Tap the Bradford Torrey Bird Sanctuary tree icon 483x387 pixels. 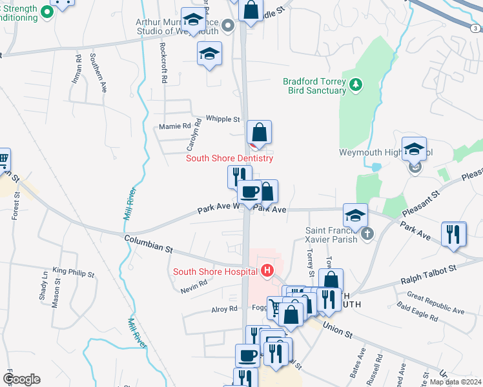(x=355, y=84)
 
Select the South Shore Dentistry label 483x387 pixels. (x=229, y=158)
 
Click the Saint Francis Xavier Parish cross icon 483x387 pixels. (x=368, y=233)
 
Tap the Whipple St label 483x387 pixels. (x=223, y=119)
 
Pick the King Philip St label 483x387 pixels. (x=74, y=273)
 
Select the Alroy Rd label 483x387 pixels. (x=225, y=310)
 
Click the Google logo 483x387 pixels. (x=21, y=379)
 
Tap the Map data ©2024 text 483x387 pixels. (x=456, y=382)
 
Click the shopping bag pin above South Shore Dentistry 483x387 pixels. (x=259, y=132)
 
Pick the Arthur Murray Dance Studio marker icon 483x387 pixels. (x=227, y=26)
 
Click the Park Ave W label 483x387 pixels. (x=219, y=209)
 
